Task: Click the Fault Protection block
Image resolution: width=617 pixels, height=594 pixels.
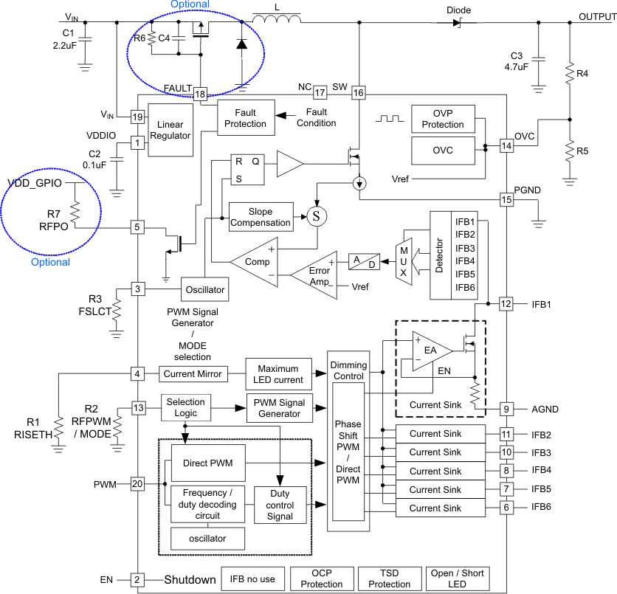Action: (246, 117)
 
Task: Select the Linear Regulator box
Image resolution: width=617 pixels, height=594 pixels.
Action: (170, 130)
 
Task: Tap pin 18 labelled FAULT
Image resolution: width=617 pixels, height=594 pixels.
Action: (201, 93)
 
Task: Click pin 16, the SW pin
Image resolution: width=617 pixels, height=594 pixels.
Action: (358, 93)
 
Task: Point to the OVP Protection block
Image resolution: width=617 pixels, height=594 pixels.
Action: (443, 119)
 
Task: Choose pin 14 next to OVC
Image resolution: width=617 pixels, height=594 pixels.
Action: (506, 145)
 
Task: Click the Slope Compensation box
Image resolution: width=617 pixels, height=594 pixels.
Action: (260, 217)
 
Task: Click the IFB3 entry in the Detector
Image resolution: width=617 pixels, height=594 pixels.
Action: (466, 248)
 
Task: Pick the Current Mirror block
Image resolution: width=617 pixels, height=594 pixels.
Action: (193, 374)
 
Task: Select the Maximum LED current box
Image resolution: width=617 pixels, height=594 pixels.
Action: (278, 374)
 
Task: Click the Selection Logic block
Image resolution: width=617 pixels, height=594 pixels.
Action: (185, 407)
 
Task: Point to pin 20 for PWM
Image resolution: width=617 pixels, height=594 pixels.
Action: (137, 484)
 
